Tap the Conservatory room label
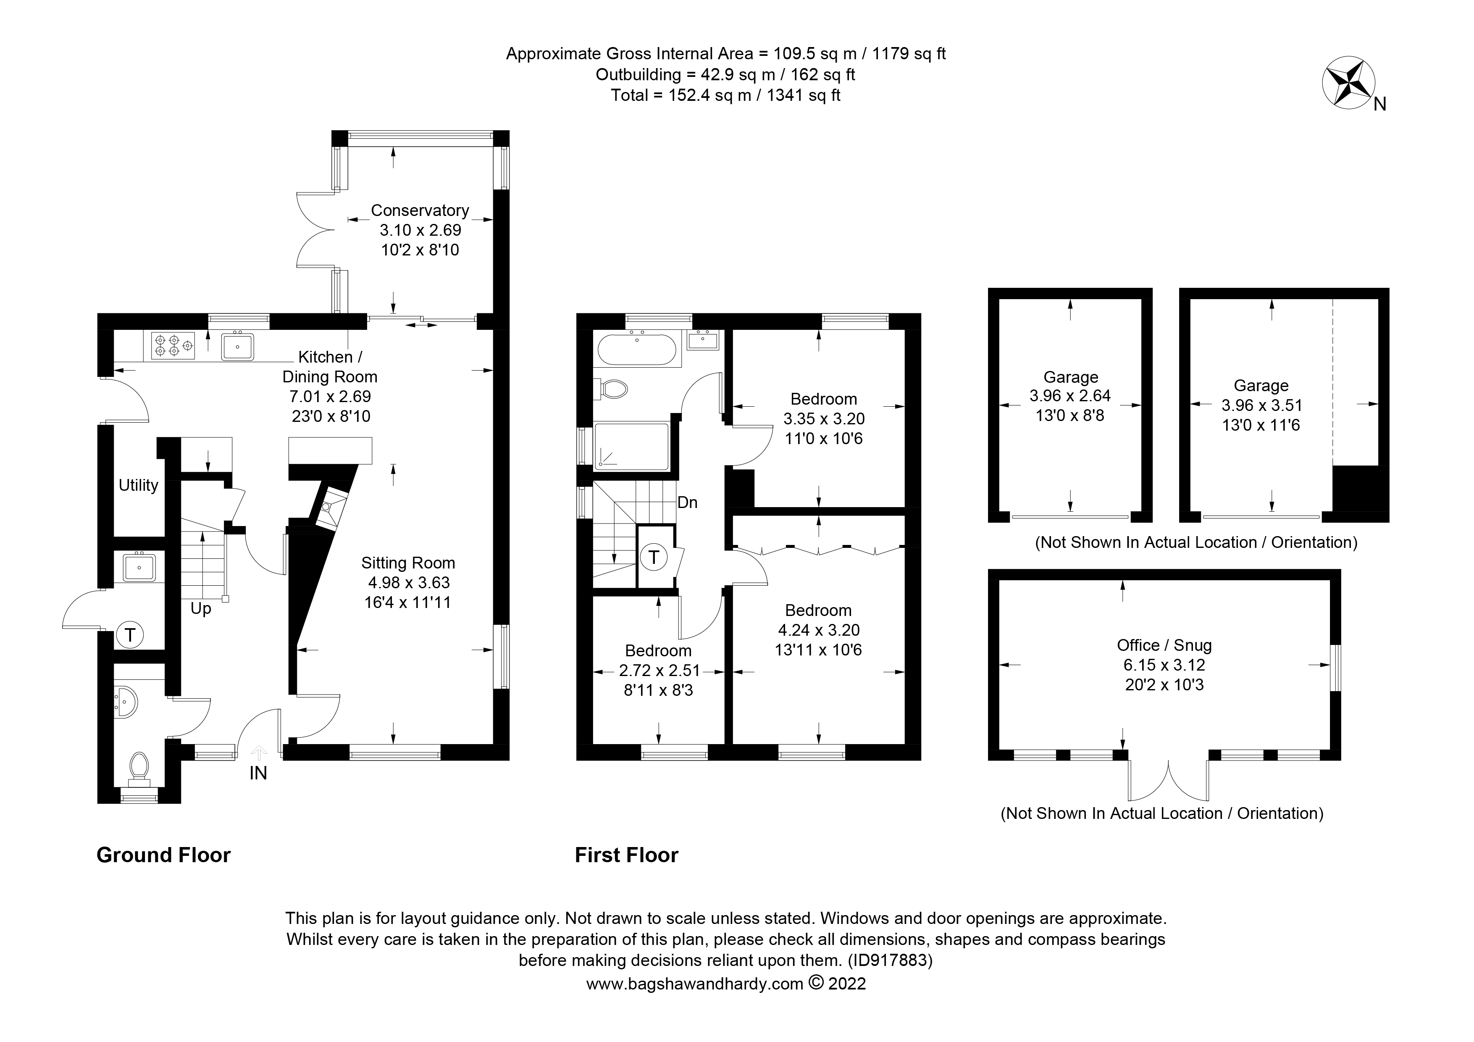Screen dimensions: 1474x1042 pyautogui.click(x=420, y=211)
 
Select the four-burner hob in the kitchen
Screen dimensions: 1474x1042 pyautogui.click(x=173, y=345)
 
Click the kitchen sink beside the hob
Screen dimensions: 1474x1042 pyautogui.click(x=237, y=347)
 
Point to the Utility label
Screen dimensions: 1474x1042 pyautogui.click(x=138, y=485)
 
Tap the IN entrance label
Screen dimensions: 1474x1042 pyautogui.click(x=258, y=774)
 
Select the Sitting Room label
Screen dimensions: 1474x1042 pyautogui.click(x=407, y=563)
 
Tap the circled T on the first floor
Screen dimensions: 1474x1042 pyautogui.click(x=654, y=557)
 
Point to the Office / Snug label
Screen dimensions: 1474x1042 pyautogui.click(x=1164, y=645)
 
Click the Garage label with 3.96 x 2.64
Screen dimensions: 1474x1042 pyautogui.click(x=1070, y=377)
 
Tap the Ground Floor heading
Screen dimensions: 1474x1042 pyautogui.click(x=163, y=855)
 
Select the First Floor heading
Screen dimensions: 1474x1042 pyautogui.click(x=626, y=855)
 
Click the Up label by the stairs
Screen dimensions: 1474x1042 pyautogui.click(x=200, y=609)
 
